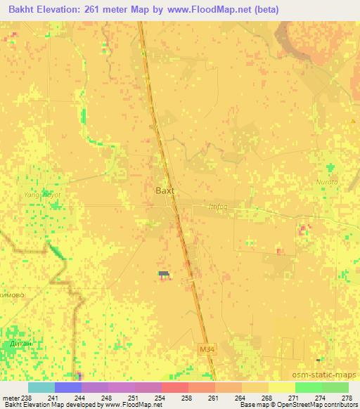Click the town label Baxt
[x=164, y=190]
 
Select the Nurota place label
[x=328, y=182]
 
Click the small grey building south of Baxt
[x=164, y=273]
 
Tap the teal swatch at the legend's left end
[x=41, y=387]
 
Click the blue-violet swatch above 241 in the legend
[x=68, y=387]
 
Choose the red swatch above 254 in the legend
[x=175, y=387]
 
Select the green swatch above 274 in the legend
[x=309, y=387]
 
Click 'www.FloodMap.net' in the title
[x=214, y=10]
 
